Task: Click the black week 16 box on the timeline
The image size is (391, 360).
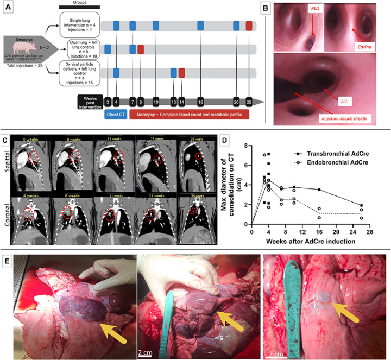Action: [200, 102]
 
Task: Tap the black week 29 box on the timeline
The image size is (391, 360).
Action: [248, 102]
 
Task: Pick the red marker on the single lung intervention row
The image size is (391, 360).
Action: [249, 26]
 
